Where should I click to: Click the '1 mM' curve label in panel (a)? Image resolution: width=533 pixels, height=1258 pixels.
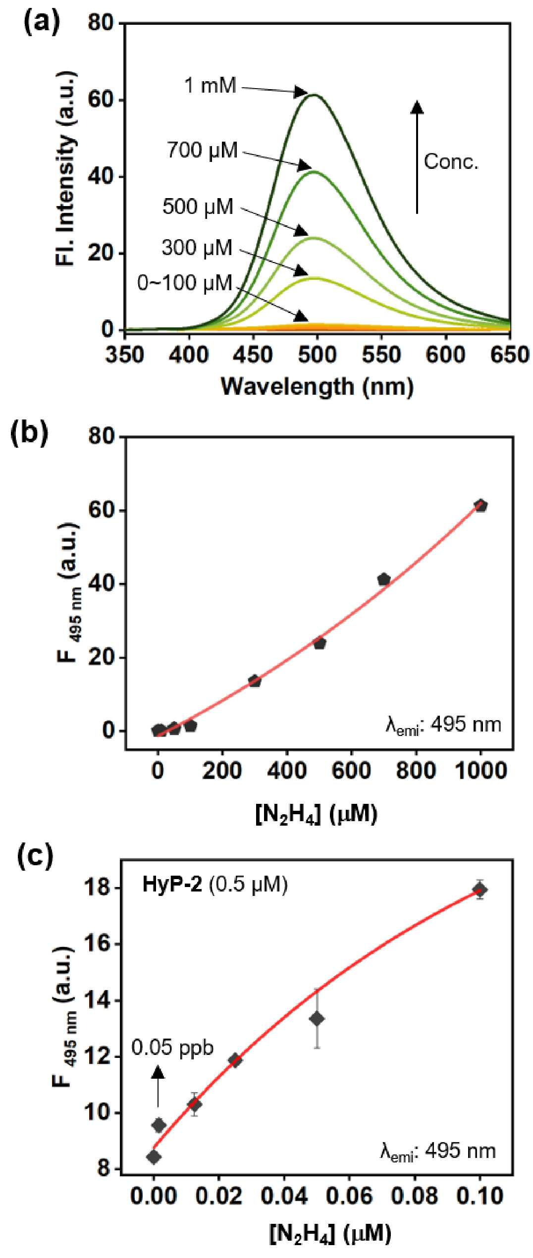211,86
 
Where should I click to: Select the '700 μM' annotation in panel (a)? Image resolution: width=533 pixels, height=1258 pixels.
202,150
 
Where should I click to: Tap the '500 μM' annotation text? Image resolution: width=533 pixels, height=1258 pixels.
198,207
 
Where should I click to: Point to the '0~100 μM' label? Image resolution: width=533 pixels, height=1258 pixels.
185,283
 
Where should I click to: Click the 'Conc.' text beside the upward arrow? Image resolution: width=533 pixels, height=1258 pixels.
451,161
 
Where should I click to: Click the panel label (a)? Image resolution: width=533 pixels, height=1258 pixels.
42,22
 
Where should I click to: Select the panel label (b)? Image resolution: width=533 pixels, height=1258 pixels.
30,432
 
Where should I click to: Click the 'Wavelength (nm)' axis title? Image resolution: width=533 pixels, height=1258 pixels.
317,386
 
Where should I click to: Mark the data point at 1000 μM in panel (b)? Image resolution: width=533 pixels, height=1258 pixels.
480,506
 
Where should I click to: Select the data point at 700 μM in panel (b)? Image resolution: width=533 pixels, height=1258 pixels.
384,579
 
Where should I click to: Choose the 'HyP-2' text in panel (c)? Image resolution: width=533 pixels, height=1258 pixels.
172,884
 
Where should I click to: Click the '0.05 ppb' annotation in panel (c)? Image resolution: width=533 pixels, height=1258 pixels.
172,1047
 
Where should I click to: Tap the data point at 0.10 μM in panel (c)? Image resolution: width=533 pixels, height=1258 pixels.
479,890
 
